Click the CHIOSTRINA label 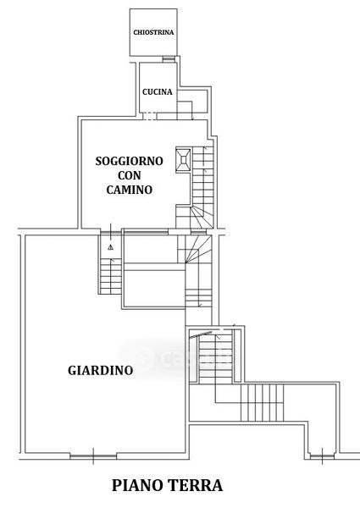coord(153,32)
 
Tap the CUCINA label coord(158,92)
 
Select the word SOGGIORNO coord(129,161)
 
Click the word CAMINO coord(130,190)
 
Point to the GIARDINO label coord(101,370)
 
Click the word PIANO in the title coord(137,486)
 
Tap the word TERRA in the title coord(196,486)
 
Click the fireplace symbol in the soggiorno coord(184,160)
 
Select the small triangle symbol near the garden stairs coord(111,247)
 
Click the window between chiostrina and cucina coord(169,59)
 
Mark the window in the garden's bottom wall coord(93,456)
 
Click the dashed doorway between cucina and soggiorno coord(150,116)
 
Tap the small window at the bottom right coord(322,456)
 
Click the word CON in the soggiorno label coord(130,175)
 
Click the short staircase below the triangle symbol coord(111,276)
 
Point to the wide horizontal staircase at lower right coord(262,403)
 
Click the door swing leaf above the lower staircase coord(201,335)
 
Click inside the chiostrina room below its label coord(153,46)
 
